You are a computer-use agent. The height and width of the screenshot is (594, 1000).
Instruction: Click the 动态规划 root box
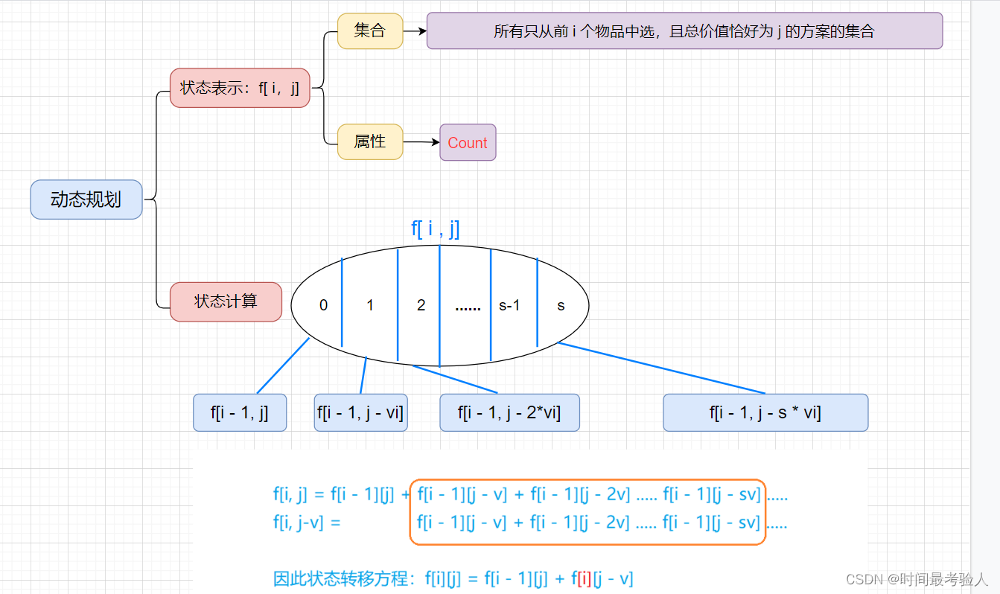coord(86,199)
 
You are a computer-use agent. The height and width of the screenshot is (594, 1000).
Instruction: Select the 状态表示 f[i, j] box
coord(240,88)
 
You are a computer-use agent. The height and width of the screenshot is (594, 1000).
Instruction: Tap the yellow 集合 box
coord(369,31)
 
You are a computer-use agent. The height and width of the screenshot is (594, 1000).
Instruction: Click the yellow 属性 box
coord(369,141)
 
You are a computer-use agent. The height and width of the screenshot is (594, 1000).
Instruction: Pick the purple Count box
coord(468,143)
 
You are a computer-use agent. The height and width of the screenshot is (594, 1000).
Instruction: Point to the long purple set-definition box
coord(684,31)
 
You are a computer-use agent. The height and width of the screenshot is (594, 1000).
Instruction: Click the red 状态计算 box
coord(226,301)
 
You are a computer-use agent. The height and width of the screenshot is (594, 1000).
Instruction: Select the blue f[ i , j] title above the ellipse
coord(436,228)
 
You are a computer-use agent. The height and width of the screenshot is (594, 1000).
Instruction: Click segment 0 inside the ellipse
coord(323,305)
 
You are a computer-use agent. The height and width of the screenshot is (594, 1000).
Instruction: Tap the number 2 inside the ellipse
coord(421,305)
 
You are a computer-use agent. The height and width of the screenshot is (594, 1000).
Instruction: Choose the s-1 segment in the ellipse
coord(509,305)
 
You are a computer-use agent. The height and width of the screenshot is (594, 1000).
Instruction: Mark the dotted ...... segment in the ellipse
coord(468,307)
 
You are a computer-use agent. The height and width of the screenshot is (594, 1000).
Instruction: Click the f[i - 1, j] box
coord(240,412)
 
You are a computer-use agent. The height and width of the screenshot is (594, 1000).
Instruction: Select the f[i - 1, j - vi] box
coord(360,412)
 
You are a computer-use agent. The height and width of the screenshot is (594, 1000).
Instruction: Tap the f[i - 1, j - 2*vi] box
coord(509,412)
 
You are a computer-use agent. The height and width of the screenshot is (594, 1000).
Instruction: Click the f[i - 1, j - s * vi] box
coord(765,412)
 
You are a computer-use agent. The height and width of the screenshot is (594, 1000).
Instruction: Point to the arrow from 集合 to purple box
coord(415,31)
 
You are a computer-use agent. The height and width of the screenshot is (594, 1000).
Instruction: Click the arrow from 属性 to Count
coord(421,142)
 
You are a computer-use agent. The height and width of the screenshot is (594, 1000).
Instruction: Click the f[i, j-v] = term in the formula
coord(307,523)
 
